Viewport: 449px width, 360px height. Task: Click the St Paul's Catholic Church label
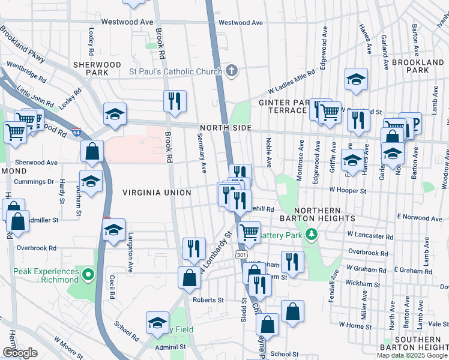[175, 72]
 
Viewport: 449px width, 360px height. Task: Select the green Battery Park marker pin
[311, 235]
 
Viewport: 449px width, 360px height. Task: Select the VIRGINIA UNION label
[156, 193]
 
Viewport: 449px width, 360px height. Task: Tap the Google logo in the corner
[20, 353]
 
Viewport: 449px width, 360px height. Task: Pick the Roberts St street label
[208, 299]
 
